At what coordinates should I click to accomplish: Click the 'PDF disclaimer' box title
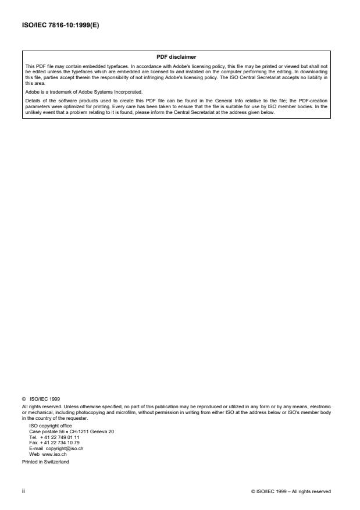point(177,57)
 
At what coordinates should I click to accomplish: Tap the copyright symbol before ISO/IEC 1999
point(24,398)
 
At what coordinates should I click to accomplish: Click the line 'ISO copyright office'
point(51,426)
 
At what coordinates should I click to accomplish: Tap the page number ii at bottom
point(24,491)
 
